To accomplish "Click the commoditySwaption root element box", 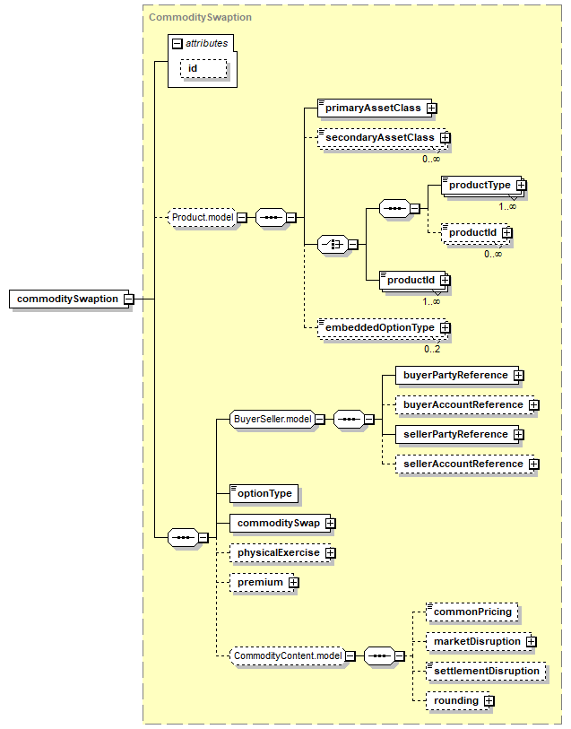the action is pyautogui.click(x=71, y=299).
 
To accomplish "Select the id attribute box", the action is pyautogui.click(x=203, y=69).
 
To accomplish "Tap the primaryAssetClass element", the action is pyautogui.click(x=375, y=108).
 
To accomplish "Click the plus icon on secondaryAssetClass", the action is pyautogui.click(x=446, y=137).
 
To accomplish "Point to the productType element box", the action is pyautogui.click(x=482, y=185).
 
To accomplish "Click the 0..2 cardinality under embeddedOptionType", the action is pyautogui.click(x=432, y=349).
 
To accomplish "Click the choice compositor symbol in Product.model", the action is pyautogui.click(x=333, y=244).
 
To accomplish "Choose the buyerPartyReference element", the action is pyautogui.click(x=457, y=375).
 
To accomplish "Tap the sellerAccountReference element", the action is pyautogui.click(x=465, y=464).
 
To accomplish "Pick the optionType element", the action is pyautogui.click(x=264, y=494).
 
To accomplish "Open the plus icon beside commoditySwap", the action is pyautogui.click(x=331, y=524).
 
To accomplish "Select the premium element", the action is pyautogui.click(x=262, y=583).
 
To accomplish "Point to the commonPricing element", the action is pyautogui.click(x=472, y=612).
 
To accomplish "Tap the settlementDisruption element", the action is pyautogui.click(x=486, y=672).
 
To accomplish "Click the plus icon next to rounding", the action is pyautogui.click(x=489, y=701).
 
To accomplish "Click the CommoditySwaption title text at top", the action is pyautogui.click(x=200, y=17).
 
